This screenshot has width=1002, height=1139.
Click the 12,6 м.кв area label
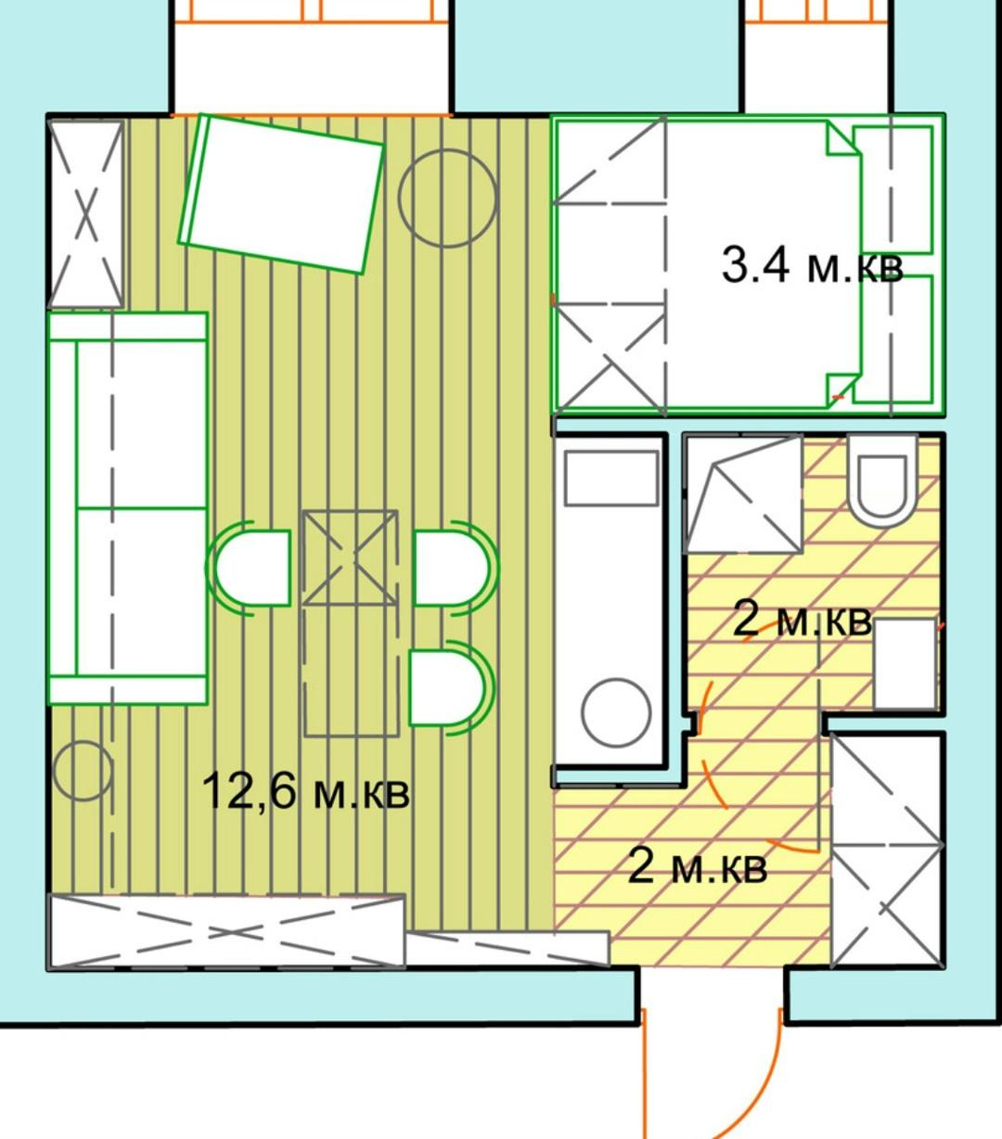tap(305, 791)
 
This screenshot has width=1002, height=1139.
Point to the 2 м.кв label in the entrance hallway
tap(697, 866)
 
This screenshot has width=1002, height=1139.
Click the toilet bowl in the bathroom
tap(882, 480)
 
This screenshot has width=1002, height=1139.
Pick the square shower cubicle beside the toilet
tap(743, 494)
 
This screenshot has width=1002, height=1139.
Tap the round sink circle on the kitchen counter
tap(616, 712)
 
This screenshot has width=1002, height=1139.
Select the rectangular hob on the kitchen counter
tap(611, 479)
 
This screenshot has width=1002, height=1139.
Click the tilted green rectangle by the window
tap(281, 194)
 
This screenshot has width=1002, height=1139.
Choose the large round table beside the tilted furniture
tap(448, 198)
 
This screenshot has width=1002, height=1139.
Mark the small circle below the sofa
tap(82, 771)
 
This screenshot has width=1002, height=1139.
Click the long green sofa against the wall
tap(128, 509)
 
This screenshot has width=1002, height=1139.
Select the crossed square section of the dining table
tap(351, 557)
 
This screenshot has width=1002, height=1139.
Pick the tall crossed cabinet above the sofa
tap(85, 214)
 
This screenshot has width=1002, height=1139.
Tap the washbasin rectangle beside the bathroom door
tap(905, 663)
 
